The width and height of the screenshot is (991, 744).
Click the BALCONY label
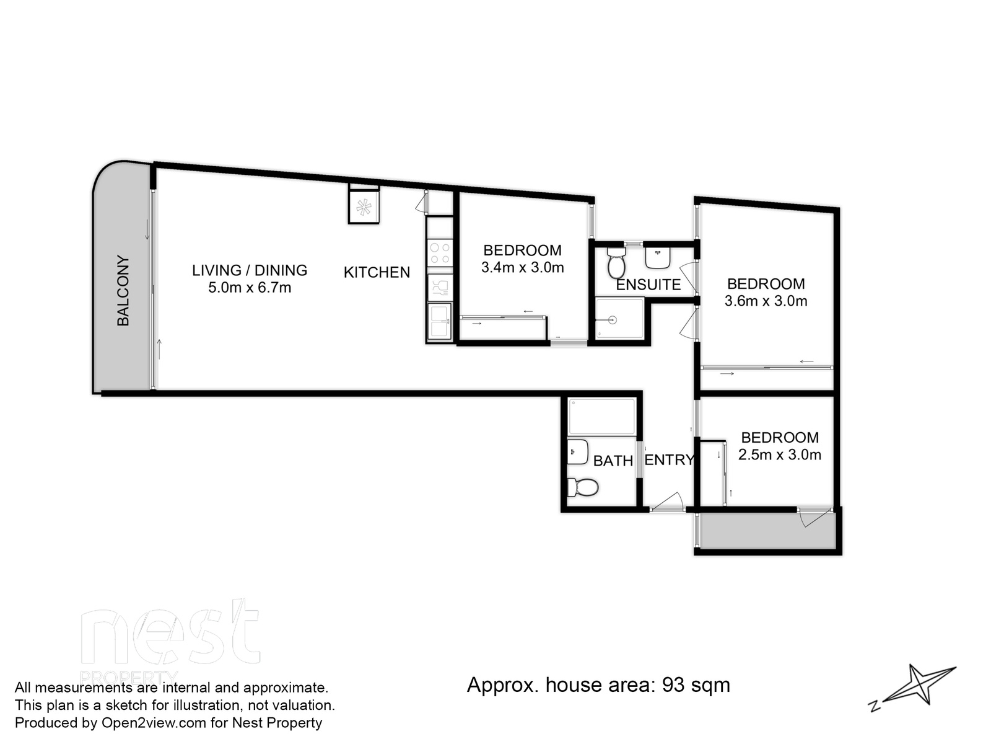coord(123,291)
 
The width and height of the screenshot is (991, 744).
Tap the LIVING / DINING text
coord(249,270)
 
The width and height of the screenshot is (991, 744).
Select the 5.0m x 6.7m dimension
coord(249,288)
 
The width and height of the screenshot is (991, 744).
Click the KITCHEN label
coord(377,272)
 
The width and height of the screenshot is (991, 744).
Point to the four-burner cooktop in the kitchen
coord(440,253)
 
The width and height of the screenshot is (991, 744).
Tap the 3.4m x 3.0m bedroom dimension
coord(522,268)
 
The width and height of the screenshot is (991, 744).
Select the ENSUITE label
coord(648,285)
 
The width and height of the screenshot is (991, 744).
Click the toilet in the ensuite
coord(616,264)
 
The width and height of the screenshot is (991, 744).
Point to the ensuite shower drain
coord(613,320)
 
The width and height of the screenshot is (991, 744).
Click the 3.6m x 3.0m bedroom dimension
coord(766,301)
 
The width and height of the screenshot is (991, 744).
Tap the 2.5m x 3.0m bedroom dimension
coord(779,455)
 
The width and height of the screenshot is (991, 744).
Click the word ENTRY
coord(669,460)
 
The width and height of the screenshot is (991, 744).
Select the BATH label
coord(613,461)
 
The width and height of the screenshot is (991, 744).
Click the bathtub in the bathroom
coord(602,417)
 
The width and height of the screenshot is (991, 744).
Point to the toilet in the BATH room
coord(583,487)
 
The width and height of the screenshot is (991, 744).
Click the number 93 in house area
coord(674,685)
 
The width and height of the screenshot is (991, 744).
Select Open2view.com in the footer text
coord(145,723)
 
